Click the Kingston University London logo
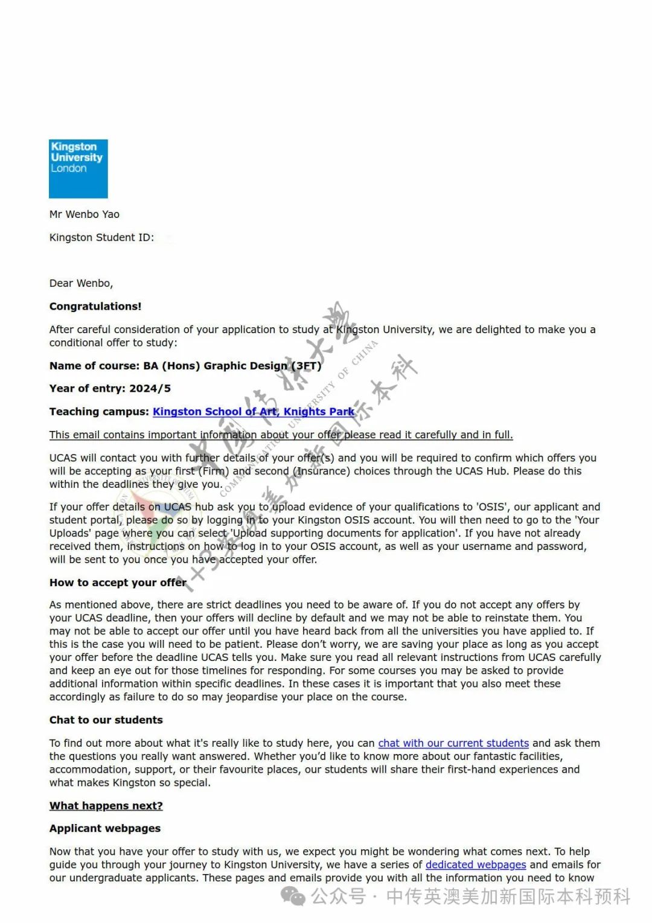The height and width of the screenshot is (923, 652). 78,169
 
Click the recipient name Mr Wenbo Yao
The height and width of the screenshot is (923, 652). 85,214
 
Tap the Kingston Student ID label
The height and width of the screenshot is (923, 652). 101,237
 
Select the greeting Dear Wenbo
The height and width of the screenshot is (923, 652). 81,283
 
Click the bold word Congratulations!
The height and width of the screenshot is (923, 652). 95,306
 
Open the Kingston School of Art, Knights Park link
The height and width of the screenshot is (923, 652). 254,412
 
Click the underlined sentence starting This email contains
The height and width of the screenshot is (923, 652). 281,435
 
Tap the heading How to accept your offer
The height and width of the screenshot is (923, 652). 118,583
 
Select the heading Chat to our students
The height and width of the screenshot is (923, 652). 106,720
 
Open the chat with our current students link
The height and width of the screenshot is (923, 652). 453,743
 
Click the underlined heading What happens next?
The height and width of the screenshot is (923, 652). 106,806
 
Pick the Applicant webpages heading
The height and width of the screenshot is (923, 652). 105,829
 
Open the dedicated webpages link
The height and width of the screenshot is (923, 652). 476,865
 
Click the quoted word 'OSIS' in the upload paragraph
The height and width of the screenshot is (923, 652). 492,507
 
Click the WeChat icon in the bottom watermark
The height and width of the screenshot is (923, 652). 294,896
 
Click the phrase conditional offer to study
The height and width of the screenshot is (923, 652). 113,343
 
